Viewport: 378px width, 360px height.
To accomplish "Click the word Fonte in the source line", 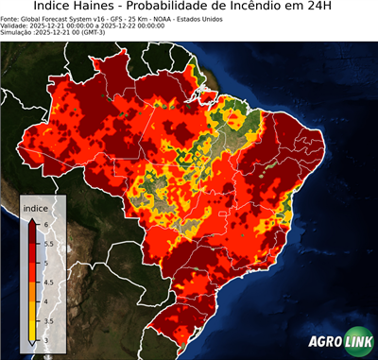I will [11, 18].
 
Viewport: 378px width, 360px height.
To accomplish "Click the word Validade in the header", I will [16, 25].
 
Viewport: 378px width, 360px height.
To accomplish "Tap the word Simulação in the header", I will [18, 32].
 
